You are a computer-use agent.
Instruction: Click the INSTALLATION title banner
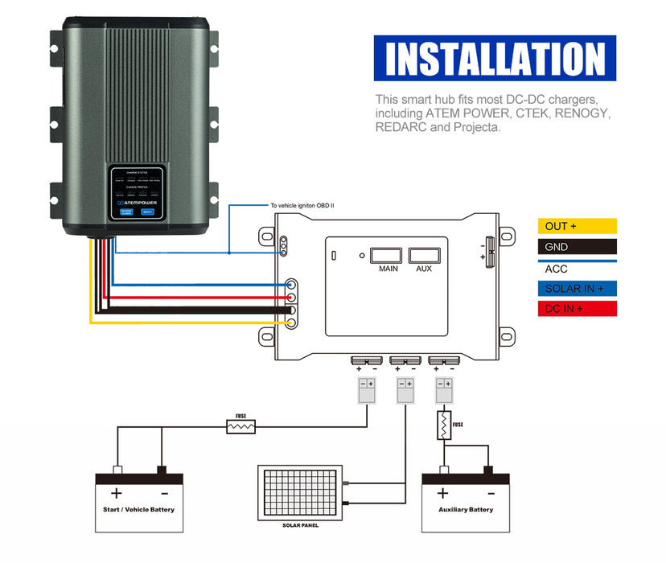coord(495,59)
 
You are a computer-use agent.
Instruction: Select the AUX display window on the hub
coord(424,256)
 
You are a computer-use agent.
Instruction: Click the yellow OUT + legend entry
coord(577,226)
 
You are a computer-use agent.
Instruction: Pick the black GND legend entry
coord(577,247)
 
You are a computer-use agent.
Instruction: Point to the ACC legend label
coord(557,269)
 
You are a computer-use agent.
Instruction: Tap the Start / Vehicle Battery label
coord(138,509)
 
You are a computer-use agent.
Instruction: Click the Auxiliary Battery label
coord(466,509)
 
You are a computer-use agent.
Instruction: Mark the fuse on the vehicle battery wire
coord(240,426)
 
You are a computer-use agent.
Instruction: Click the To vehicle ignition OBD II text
coord(302,206)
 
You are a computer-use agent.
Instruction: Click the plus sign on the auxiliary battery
coord(442,493)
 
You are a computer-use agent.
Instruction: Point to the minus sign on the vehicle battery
coord(163,493)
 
